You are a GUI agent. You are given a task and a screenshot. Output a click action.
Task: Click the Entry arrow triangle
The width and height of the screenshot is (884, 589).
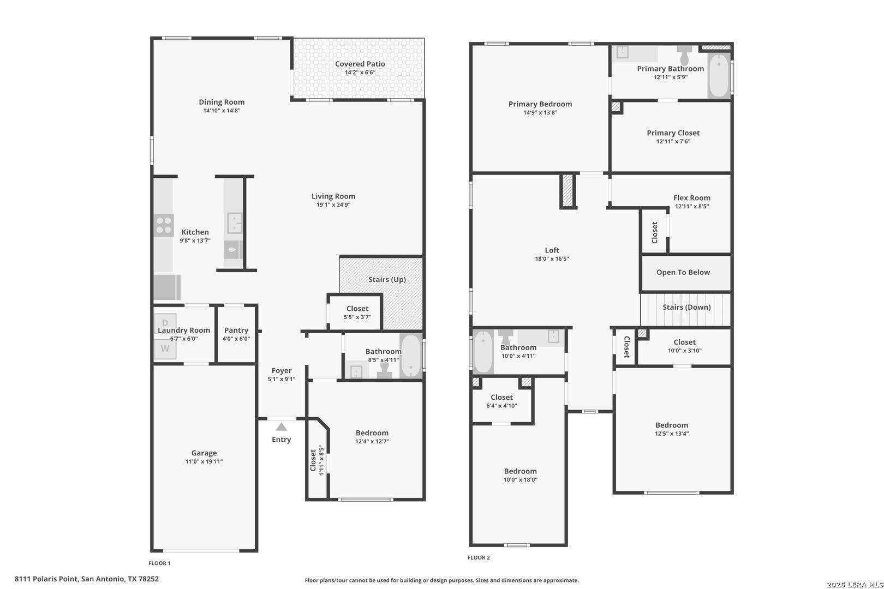(x=281, y=426)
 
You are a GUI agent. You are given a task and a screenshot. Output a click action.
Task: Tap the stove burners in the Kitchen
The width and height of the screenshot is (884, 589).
(x=163, y=225)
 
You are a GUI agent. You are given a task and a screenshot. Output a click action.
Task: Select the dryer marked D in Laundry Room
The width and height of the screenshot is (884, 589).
(x=165, y=323)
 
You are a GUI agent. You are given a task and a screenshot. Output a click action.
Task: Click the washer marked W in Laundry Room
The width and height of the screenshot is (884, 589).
(x=165, y=348)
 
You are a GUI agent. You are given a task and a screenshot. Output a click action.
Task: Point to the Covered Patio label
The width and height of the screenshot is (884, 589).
(x=360, y=64)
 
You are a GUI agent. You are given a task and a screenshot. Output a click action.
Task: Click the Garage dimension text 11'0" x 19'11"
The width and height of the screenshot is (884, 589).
(x=204, y=461)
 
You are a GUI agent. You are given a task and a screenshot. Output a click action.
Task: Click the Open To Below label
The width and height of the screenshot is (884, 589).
(x=683, y=272)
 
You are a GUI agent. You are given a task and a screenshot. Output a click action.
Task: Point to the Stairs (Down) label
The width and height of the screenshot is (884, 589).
(x=686, y=307)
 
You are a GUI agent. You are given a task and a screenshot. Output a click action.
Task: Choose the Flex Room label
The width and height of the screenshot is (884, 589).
(x=692, y=197)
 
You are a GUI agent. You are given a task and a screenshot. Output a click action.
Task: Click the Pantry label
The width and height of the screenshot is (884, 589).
(x=236, y=330)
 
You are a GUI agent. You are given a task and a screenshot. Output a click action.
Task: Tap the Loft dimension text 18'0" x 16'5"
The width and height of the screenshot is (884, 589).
(x=552, y=259)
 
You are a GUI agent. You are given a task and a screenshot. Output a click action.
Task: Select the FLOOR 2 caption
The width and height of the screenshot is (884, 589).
(x=479, y=557)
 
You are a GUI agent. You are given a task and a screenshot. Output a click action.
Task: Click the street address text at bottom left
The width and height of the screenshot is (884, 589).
(x=87, y=579)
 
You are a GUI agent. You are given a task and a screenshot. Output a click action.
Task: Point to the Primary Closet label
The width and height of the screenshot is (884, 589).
(x=673, y=133)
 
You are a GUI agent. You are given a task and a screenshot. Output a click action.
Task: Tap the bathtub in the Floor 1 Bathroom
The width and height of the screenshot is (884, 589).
(x=411, y=356)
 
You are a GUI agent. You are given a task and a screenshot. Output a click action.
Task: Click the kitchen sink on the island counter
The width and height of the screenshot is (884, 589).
(x=235, y=223)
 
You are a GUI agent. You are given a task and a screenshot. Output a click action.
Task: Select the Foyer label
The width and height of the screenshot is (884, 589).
(x=282, y=371)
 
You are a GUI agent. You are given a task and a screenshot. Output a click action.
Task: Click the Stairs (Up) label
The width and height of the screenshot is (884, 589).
(x=387, y=279)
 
